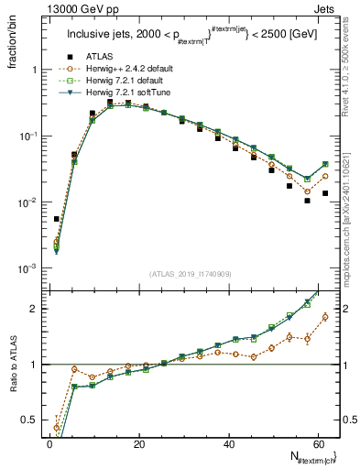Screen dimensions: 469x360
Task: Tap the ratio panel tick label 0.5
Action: [x=31, y=420]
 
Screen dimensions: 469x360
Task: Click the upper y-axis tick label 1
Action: [x=37, y=70]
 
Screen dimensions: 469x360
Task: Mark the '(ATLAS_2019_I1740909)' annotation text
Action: [x=190, y=274]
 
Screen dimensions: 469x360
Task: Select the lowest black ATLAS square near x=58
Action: [x=307, y=201]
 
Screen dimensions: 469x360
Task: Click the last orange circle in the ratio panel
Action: [x=325, y=317]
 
